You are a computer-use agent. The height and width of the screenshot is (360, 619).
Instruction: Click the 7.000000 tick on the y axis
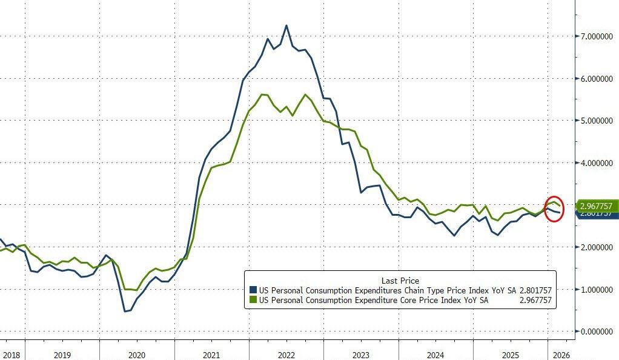596,36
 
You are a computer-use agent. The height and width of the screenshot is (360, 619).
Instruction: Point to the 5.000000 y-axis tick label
596,121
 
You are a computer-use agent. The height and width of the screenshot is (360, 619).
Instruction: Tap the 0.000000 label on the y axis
596,332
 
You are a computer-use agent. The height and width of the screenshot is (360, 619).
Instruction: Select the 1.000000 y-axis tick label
596,289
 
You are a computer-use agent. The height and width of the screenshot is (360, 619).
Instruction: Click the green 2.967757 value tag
597,206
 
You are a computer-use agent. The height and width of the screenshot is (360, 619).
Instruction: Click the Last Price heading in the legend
400,281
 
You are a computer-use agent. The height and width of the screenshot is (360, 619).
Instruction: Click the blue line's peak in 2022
286,25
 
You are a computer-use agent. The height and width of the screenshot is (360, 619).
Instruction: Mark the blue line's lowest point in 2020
125,312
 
